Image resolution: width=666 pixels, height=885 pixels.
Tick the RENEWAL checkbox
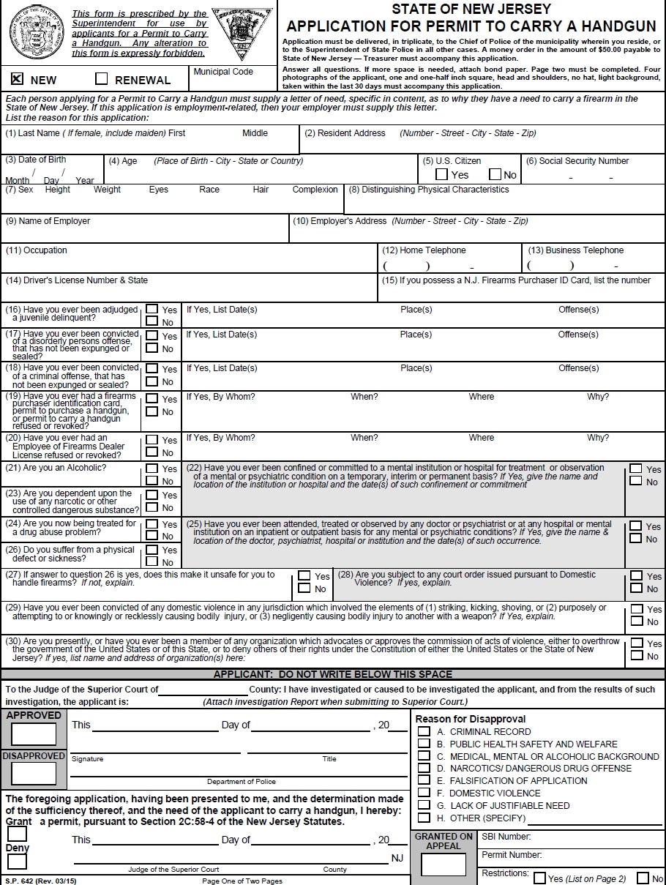(x=102, y=78)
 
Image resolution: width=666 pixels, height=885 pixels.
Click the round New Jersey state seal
(x=32, y=32)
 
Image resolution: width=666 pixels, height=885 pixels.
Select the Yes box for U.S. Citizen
(x=441, y=174)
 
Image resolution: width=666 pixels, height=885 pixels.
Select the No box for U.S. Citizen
(x=495, y=174)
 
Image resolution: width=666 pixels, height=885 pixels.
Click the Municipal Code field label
(x=223, y=72)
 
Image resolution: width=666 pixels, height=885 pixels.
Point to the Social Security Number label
(x=583, y=161)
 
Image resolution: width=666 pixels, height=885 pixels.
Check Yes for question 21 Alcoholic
(x=152, y=468)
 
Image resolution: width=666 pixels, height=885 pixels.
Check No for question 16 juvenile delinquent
(x=152, y=321)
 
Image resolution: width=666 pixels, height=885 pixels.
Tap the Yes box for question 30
(x=636, y=643)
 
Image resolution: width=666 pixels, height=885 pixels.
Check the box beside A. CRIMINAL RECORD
(x=424, y=731)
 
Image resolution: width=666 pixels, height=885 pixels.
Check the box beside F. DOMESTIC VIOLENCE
(x=424, y=793)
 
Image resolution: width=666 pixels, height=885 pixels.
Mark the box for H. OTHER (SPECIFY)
(x=424, y=818)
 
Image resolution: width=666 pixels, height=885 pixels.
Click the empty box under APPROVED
(x=34, y=734)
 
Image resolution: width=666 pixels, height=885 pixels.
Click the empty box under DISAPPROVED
(x=34, y=773)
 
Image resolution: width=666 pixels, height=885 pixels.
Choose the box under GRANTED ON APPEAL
(x=444, y=865)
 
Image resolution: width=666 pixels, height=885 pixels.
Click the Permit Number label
(x=512, y=855)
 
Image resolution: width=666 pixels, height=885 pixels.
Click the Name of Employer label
(x=48, y=221)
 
